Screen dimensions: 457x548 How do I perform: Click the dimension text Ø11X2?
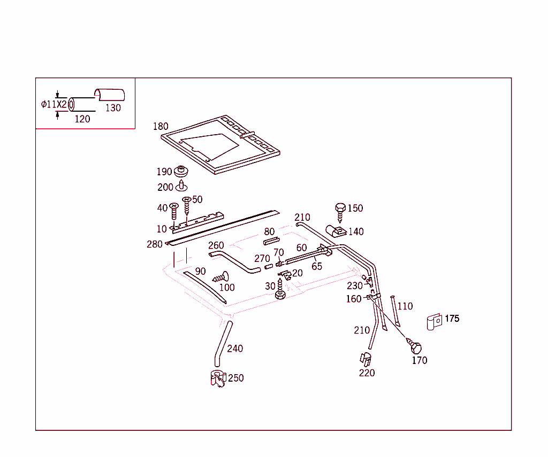[54, 104]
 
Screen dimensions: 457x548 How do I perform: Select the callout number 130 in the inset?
[113, 107]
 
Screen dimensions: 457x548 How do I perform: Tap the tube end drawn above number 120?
[72, 104]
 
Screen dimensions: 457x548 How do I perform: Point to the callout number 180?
[161, 127]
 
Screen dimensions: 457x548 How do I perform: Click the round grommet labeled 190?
[182, 172]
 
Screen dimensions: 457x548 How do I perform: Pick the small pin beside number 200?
[182, 186]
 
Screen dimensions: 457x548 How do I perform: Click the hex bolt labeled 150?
[340, 211]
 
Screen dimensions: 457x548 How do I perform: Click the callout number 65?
[317, 266]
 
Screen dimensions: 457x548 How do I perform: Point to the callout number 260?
[216, 245]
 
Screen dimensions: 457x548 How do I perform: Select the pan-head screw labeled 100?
[220, 277]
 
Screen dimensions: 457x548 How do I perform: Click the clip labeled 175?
[434, 321]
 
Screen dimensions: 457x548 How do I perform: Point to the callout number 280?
[155, 244]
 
